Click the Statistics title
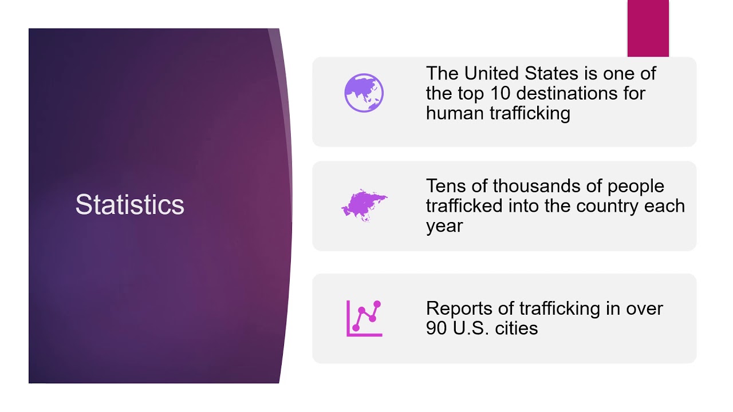click(x=129, y=205)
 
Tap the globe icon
click(x=364, y=93)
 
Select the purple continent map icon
click(x=364, y=205)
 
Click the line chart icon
click(x=364, y=318)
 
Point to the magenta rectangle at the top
click(x=648, y=28)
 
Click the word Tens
click(x=444, y=186)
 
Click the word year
click(x=444, y=225)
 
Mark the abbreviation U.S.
click(x=468, y=328)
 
